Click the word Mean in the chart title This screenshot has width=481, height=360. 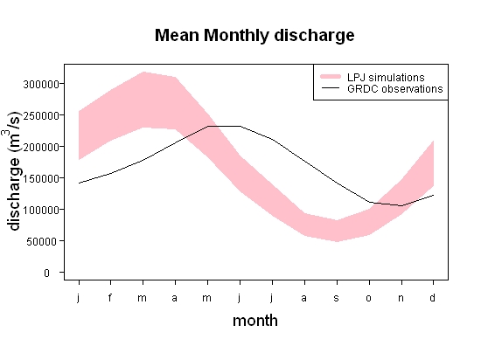[177, 35]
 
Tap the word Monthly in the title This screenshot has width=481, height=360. [236, 36]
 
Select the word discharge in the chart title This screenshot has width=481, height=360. [314, 36]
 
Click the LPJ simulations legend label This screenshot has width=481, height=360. [386, 77]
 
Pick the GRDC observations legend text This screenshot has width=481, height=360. [395, 88]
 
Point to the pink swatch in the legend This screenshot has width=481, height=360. [331, 76]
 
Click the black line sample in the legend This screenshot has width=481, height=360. [331, 88]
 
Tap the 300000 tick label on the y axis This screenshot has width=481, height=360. [41, 84]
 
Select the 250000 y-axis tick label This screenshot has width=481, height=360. [41, 115]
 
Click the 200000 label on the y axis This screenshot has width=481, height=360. [41, 147]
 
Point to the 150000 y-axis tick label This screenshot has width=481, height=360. [41, 178]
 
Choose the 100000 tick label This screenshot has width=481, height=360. [41, 210]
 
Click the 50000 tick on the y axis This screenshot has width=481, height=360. [42, 241]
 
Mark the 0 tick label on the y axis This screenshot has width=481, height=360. [46, 273]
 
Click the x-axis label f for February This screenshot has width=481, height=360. [110, 297]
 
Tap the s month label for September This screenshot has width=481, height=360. [337, 298]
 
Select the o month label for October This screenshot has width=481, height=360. [369, 298]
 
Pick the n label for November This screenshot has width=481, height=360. [401, 298]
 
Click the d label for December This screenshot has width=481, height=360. [433, 297]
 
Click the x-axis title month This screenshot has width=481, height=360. [255, 321]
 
